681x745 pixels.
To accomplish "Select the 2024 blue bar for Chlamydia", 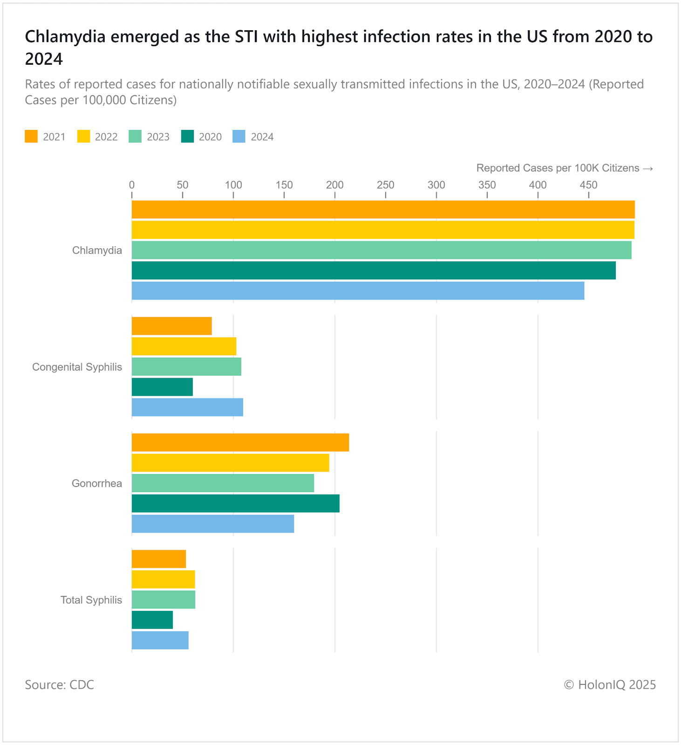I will tap(358, 291).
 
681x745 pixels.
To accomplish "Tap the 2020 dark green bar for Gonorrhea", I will tap(235, 503).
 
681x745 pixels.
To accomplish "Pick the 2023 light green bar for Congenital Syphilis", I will tap(186, 366).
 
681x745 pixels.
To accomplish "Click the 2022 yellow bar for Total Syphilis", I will tap(163, 579).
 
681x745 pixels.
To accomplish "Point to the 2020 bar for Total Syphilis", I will tap(152, 620).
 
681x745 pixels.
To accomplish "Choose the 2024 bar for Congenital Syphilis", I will tap(187, 407).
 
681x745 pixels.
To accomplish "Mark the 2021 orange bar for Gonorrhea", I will tap(240, 442).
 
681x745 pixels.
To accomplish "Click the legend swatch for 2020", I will tap(187, 136).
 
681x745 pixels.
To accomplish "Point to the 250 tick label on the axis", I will tap(385, 185).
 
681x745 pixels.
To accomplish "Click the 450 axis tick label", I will tap(588, 185).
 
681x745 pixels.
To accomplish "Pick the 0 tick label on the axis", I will tap(132, 185).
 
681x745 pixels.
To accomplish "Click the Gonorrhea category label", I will tap(97, 483).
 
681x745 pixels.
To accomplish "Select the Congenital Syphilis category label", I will tap(77, 367).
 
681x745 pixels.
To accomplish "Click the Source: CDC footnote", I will tap(59, 684).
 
